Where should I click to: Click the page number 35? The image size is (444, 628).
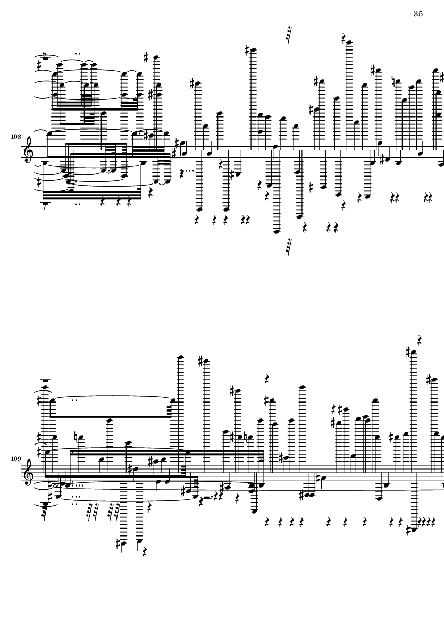coord(418,14)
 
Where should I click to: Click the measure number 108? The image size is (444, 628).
coord(16,137)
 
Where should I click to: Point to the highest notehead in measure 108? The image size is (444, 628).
coord(349,42)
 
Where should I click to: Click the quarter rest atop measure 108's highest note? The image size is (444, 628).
coord(344,37)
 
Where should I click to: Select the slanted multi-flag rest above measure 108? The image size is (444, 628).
coord(288,35)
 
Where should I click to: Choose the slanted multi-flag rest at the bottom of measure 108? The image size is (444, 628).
coord(288,247)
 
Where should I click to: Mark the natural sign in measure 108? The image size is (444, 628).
coord(395,82)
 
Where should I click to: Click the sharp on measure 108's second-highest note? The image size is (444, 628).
coord(248,50)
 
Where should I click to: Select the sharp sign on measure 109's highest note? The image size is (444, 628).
coord(408,353)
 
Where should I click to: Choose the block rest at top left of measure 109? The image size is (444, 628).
coord(45,380)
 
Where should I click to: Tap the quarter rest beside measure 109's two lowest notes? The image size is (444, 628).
coord(144,552)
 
